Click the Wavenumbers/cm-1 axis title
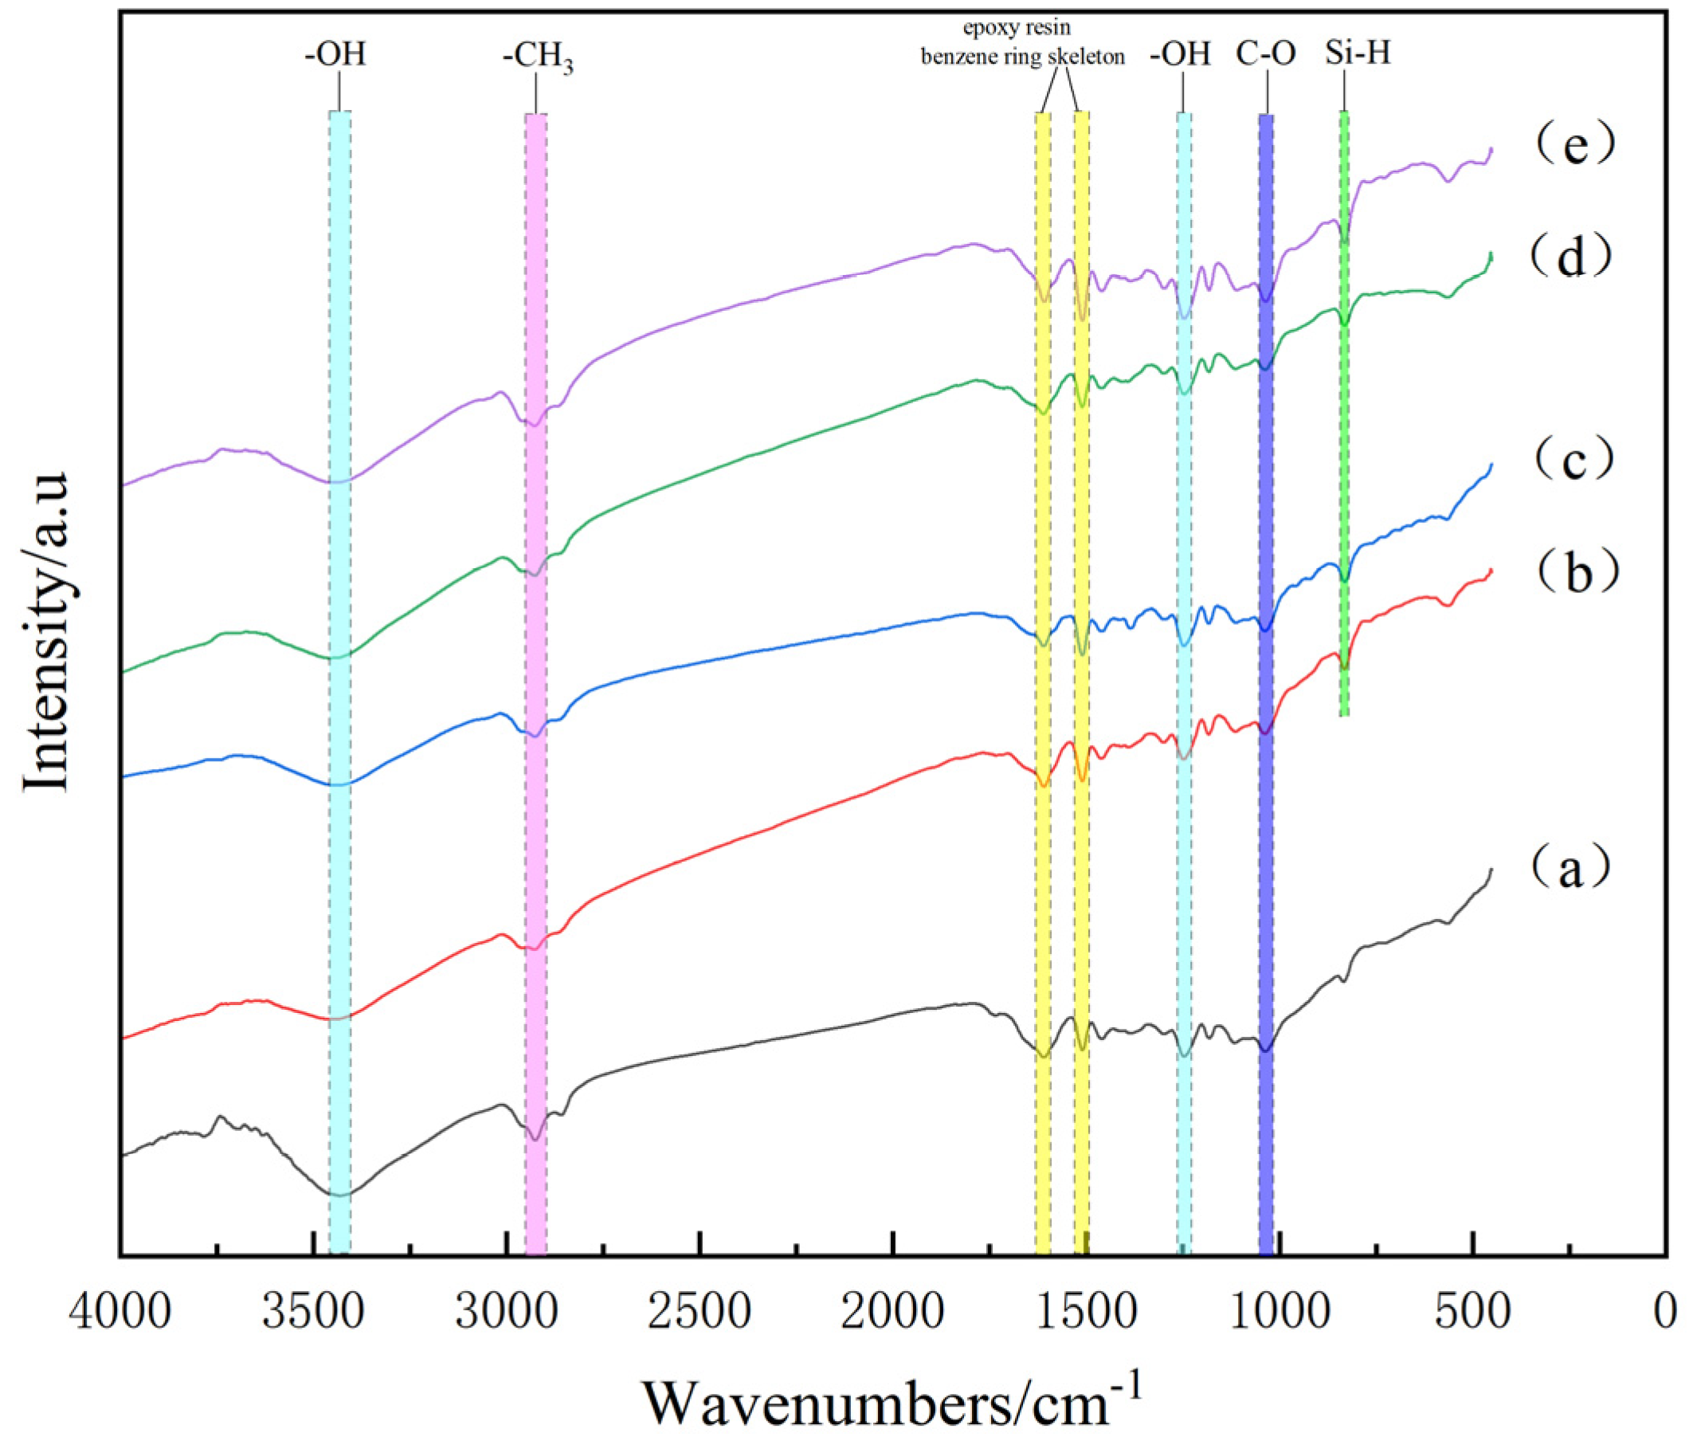(892, 1400)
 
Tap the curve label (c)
(1573, 459)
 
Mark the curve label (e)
(1573, 144)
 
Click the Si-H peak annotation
(1358, 54)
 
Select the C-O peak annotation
(1265, 54)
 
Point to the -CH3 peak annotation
(537, 59)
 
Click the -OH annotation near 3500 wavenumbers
(336, 54)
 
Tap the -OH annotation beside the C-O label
(1182, 54)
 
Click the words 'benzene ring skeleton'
(1022, 57)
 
